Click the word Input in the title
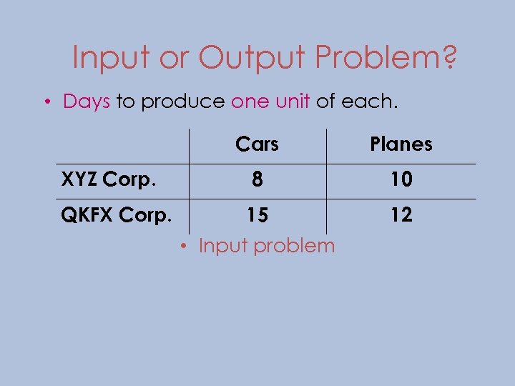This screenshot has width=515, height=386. point(110,57)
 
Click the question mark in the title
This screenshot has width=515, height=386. point(450,57)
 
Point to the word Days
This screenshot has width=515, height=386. point(86,102)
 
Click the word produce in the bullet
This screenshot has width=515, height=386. point(182,102)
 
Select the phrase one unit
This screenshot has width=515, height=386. point(270,102)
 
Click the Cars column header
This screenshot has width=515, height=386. point(257,144)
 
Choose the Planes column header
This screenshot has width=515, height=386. point(401,144)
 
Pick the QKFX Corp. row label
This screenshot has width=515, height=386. point(116,214)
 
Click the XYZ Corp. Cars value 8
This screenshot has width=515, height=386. point(257,180)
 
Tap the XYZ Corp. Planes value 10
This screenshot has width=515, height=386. point(401,180)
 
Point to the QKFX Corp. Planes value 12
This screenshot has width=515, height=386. point(401,215)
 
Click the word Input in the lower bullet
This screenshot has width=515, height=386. point(223,246)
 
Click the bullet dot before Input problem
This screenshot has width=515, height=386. point(184,247)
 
